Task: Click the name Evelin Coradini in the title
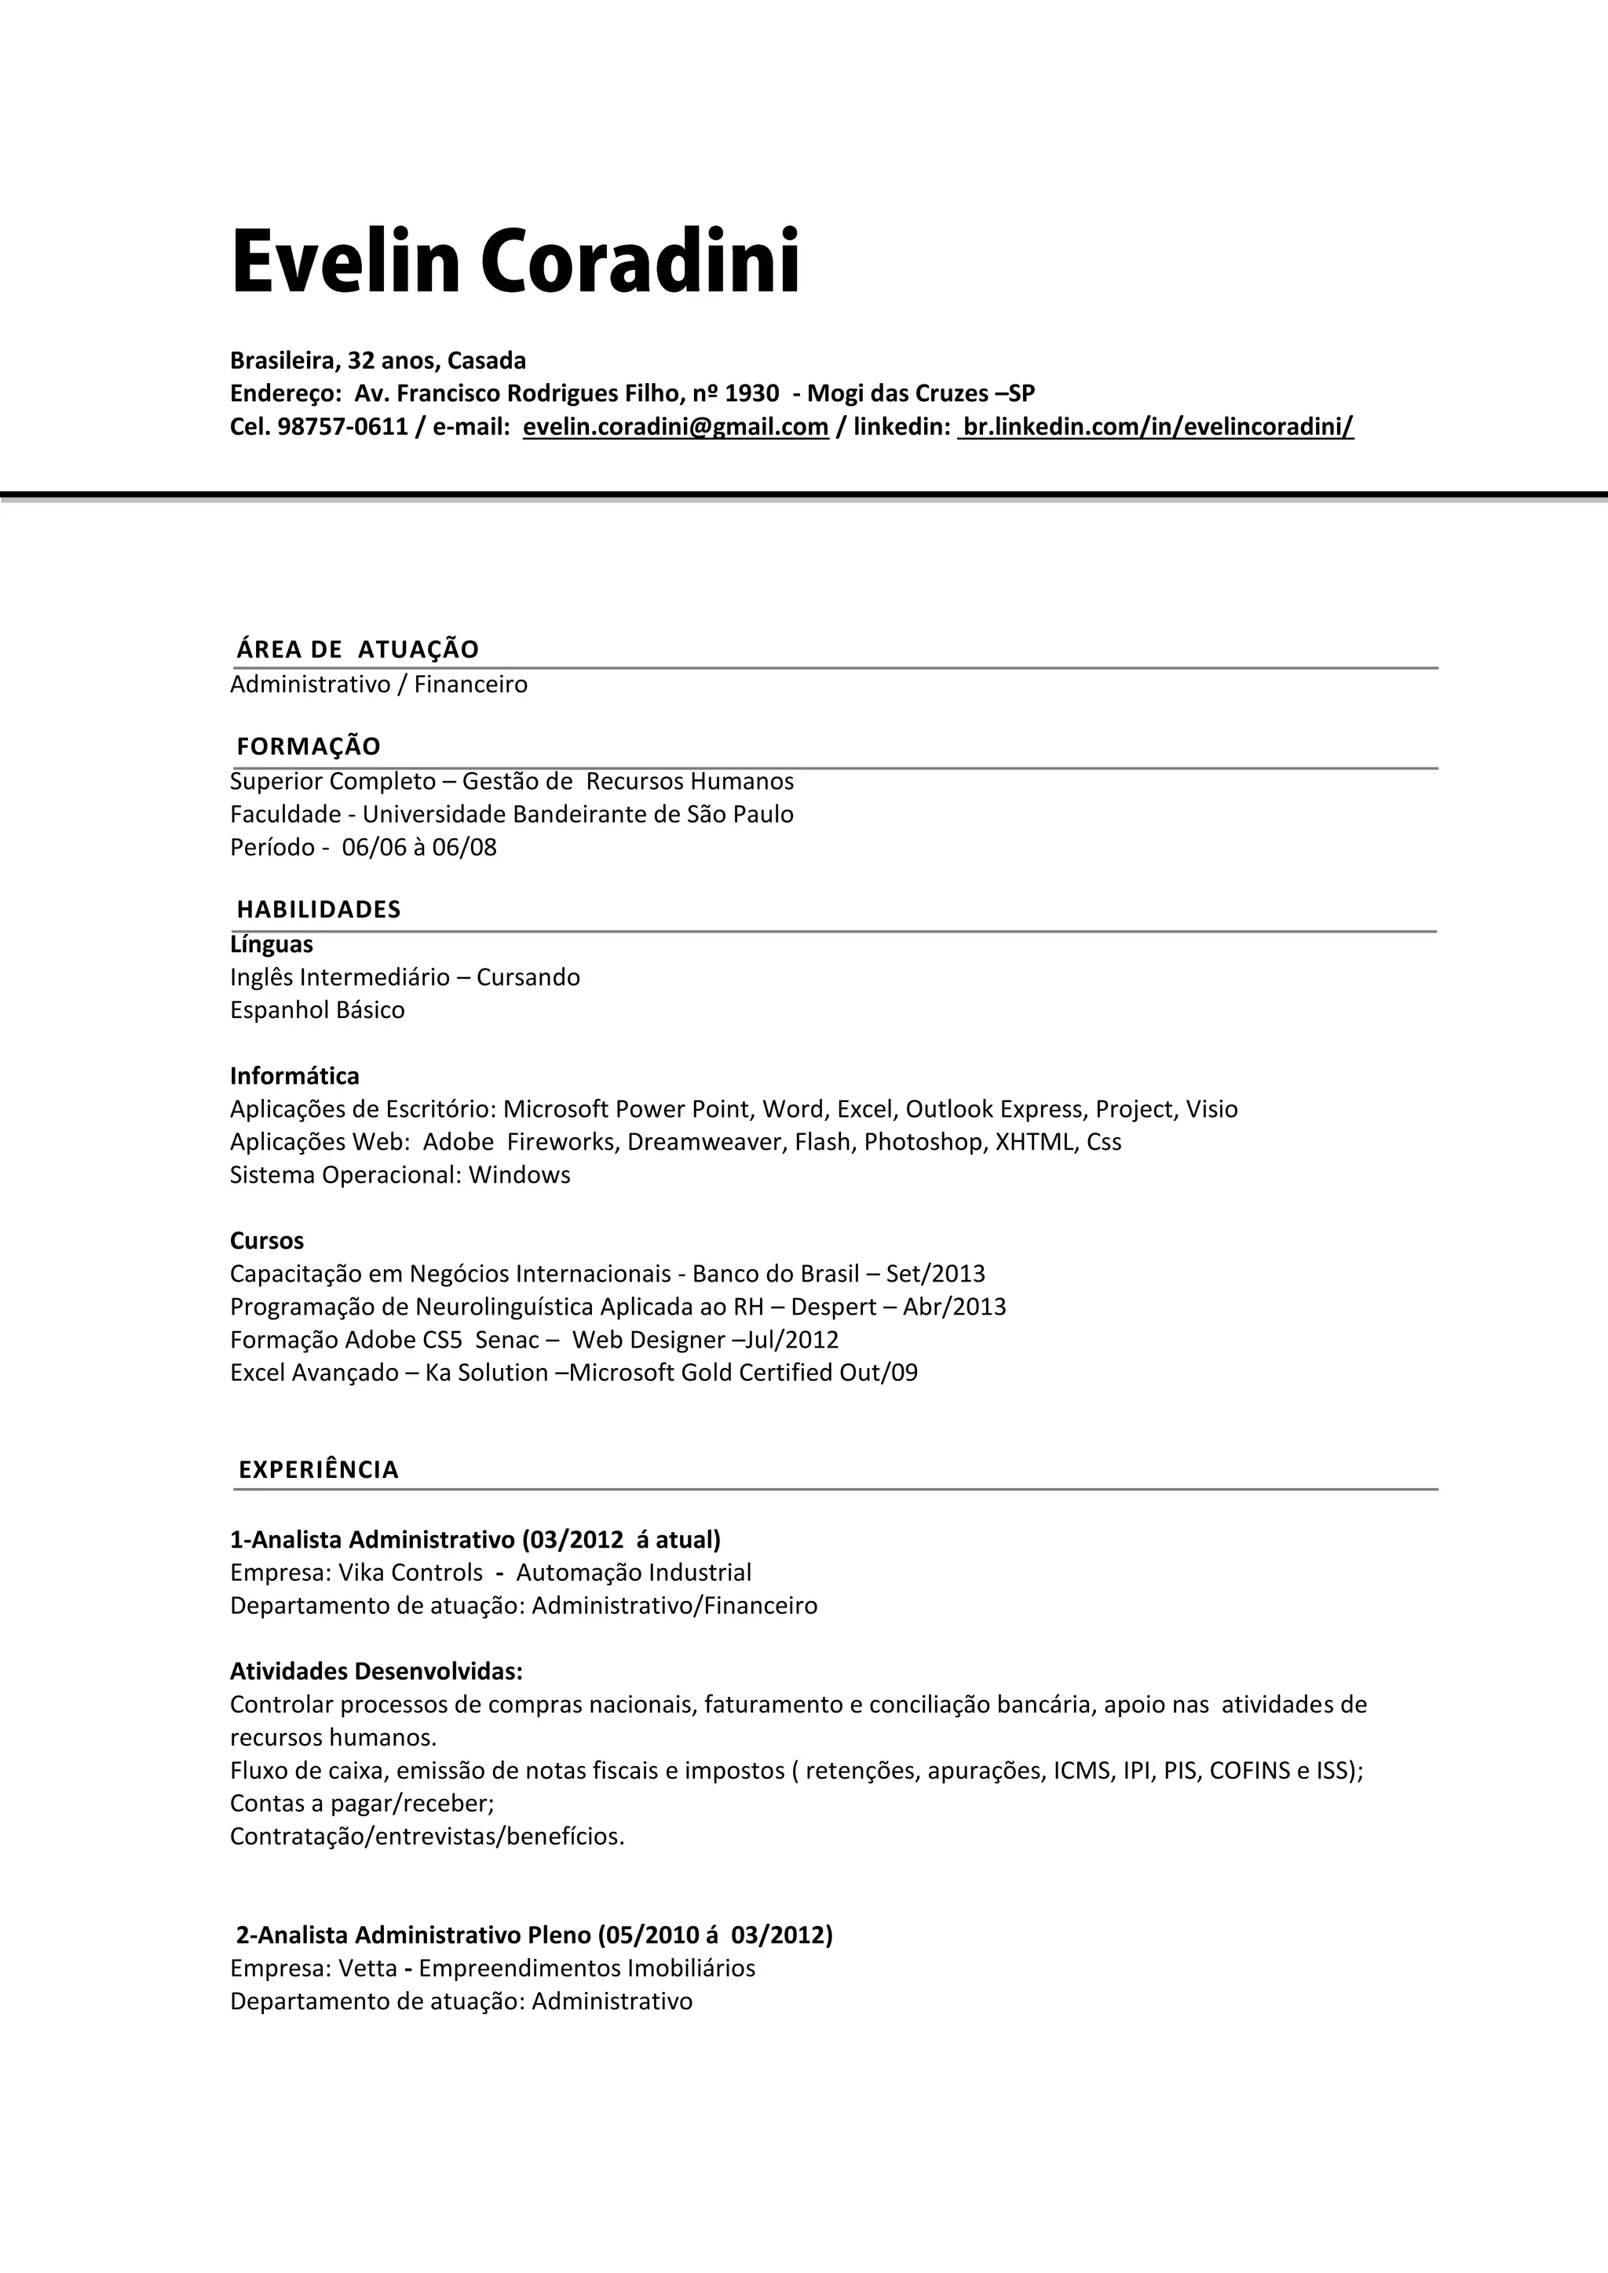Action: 514,261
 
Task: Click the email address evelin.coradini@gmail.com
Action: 675,427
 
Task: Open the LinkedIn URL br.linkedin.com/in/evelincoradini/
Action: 1157,427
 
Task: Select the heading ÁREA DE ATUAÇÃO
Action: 357,649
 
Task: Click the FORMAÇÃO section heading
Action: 308,746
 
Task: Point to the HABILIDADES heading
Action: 318,910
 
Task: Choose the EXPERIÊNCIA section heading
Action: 318,1469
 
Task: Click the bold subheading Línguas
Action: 272,944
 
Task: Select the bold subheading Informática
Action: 294,1076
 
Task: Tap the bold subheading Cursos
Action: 266,1240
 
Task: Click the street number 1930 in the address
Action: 751,393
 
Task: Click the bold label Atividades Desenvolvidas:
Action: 376,1671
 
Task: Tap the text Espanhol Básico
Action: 317,1010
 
